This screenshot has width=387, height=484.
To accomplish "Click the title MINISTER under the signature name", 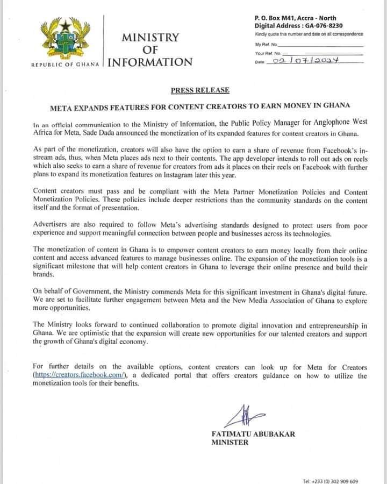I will point(230,443).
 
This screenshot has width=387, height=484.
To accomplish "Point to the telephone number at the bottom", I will point(330,481).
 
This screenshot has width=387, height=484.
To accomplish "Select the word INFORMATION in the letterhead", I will point(150,62).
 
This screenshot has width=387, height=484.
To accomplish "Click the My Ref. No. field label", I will point(267,44).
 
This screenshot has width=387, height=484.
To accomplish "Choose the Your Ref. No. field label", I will point(268,53).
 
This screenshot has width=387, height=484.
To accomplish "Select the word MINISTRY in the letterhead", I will point(150,37).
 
